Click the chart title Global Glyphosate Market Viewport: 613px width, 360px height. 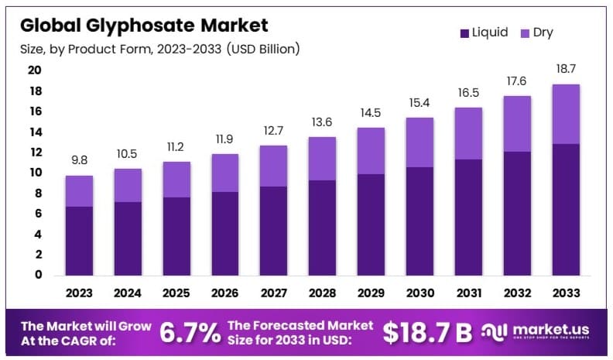(144, 26)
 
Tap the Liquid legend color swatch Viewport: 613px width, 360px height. (464, 33)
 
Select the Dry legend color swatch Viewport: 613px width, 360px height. (524, 33)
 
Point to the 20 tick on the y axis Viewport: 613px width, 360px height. (36, 70)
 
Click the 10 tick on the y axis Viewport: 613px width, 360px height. (36, 173)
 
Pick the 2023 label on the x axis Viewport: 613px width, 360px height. (79, 293)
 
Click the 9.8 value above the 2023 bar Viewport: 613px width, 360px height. (79, 161)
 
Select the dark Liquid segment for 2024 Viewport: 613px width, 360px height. (127, 238)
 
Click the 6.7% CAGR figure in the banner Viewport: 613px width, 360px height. (190, 332)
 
